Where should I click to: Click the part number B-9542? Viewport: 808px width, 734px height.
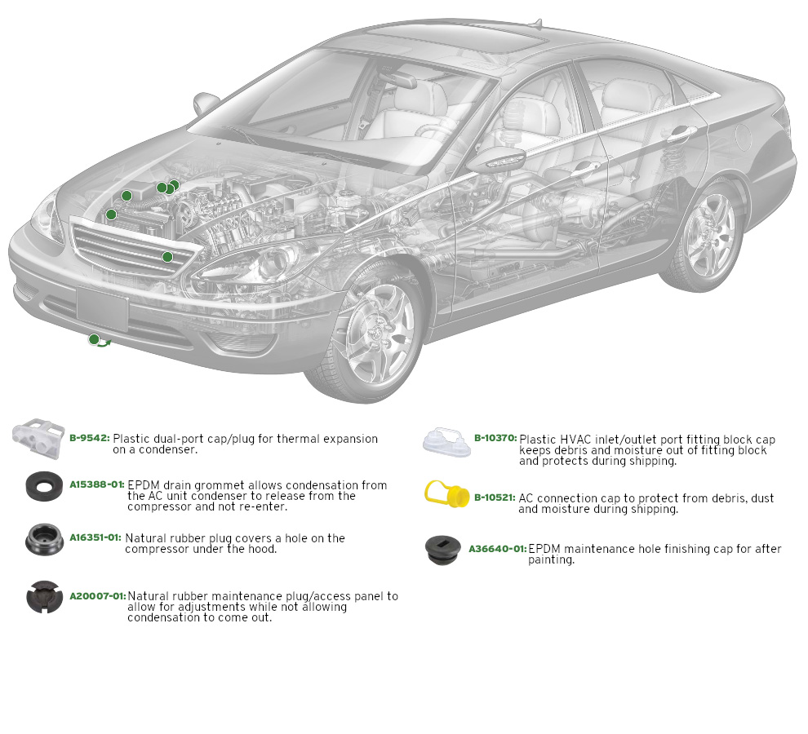89,438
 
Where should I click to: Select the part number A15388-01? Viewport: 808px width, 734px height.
96,484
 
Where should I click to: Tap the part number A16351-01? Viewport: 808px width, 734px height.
95,537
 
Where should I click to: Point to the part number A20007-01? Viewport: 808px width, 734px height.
97,596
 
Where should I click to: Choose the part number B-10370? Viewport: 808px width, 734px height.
495,438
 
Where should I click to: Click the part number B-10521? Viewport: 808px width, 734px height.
495,497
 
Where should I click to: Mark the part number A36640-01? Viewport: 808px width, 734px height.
497,549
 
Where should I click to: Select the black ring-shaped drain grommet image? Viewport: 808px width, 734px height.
45,486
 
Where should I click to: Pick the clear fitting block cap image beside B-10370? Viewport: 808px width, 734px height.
446,441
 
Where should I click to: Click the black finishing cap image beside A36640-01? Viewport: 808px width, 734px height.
444,550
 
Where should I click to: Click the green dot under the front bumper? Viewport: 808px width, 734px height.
94,339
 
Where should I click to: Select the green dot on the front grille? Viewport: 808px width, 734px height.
167,257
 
